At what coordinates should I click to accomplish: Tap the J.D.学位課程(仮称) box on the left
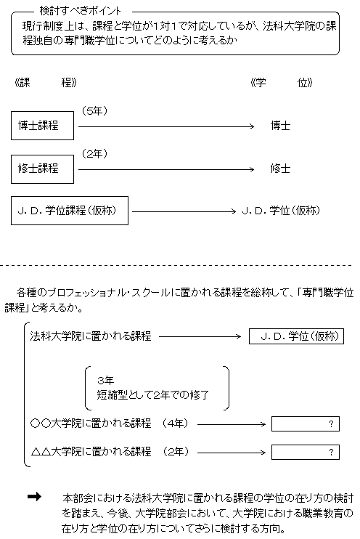[70, 211]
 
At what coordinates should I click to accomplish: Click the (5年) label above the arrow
[95, 110]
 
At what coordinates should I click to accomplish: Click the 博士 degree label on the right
[279, 126]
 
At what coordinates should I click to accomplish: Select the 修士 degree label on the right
[279, 168]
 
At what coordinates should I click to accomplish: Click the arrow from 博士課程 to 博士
[165, 126]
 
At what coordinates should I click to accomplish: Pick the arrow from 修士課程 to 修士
[165, 169]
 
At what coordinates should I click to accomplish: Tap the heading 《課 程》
[45, 82]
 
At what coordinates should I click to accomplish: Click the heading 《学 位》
[281, 82]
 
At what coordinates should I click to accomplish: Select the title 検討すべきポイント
[80, 12]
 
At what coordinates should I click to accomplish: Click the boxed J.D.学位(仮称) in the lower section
[294, 336]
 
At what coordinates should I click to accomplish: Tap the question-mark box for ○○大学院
[305, 423]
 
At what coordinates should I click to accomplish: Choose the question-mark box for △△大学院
[305, 452]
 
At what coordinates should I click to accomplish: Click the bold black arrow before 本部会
[34, 496]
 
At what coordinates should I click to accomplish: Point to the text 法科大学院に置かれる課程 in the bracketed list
[91, 336]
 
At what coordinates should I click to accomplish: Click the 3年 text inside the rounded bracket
[105, 381]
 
